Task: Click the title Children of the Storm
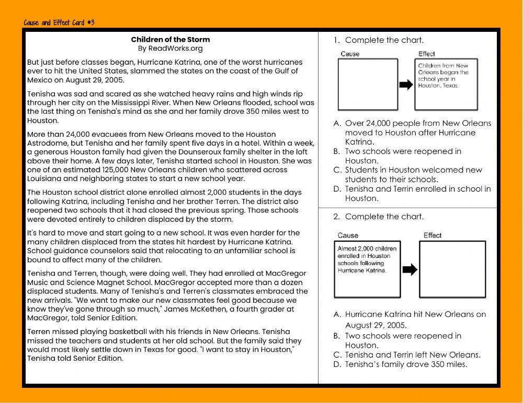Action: [x=170, y=40]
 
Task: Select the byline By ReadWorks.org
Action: [x=170, y=49]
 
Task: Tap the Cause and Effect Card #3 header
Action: [x=59, y=23]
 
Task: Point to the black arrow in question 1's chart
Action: [x=405, y=85]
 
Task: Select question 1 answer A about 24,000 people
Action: [x=417, y=133]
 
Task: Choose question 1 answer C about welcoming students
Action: [x=413, y=174]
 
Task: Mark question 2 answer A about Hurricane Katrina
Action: [x=415, y=319]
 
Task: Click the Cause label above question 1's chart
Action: [x=350, y=54]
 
